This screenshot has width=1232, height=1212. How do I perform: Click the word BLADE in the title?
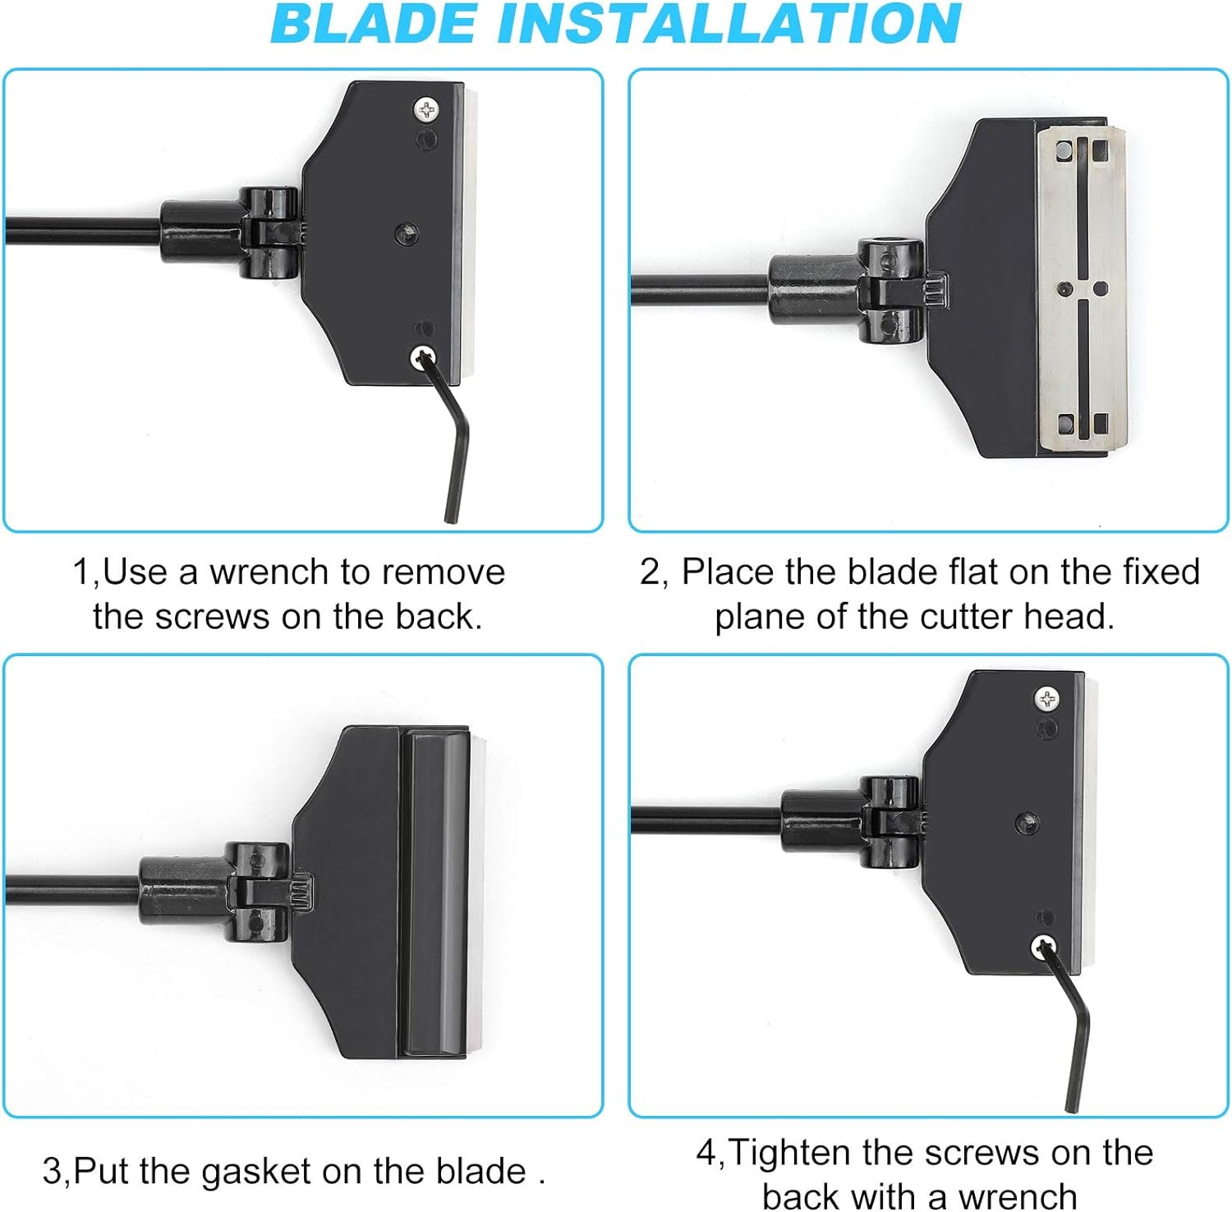tap(373, 24)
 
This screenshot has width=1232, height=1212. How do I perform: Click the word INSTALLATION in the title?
tap(729, 24)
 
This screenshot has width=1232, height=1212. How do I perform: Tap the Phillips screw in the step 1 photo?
tap(426, 109)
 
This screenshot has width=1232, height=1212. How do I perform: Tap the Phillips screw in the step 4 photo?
tap(1046, 700)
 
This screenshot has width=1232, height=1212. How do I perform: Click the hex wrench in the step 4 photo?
tap(1071, 1026)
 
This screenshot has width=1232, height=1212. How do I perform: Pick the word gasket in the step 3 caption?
tap(256, 1172)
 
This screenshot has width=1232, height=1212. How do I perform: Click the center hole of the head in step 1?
tap(407, 233)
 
